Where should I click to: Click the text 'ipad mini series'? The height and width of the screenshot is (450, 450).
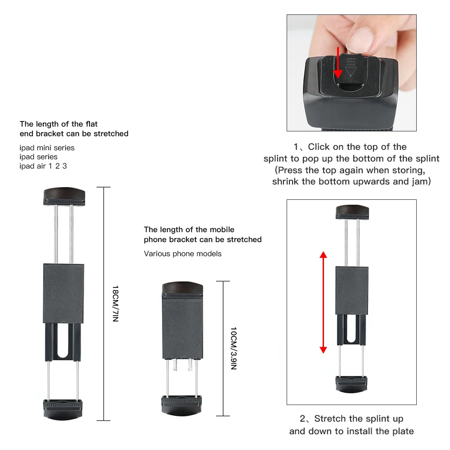click(x=47, y=148)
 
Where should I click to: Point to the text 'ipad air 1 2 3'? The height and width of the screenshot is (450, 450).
click(x=43, y=166)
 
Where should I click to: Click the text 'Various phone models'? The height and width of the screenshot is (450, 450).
click(x=183, y=254)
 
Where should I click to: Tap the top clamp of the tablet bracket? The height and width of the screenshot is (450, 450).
click(x=64, y=196)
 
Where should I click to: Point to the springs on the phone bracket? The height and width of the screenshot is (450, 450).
click(x=183, y=365)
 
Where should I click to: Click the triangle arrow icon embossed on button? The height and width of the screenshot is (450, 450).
click(x=350, y=71)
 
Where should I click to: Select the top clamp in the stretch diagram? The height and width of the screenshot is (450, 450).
click(x=352, y=212)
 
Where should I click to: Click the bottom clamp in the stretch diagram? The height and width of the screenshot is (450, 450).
click(x=352, y=383)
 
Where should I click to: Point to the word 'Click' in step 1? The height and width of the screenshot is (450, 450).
click(x=319, y=147)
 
